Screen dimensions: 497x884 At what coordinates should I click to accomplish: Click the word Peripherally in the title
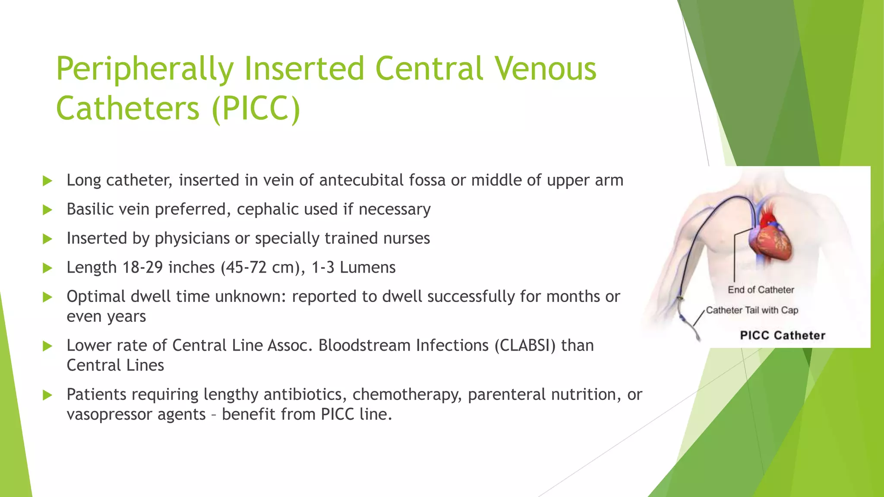tap(145, 69)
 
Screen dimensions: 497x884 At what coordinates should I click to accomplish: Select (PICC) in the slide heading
tap(256, 108)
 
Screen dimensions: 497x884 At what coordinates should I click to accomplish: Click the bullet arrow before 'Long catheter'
tap(47, 181)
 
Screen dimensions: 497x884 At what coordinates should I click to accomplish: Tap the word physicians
tap(192, 238)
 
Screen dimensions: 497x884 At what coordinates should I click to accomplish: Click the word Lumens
tap(367, 267)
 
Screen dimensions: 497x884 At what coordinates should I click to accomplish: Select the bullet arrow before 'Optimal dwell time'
tap(47, 297)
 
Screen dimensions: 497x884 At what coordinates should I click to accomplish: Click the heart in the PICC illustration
tap(770, 239)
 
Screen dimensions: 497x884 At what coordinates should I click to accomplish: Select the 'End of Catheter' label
tap(761, 290)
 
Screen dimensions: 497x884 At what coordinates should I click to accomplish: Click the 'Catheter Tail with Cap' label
tap(752, 310)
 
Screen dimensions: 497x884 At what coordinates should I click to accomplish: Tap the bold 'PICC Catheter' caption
tap(782, 336)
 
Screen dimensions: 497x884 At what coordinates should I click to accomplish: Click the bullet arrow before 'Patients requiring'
tap(47, 395)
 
